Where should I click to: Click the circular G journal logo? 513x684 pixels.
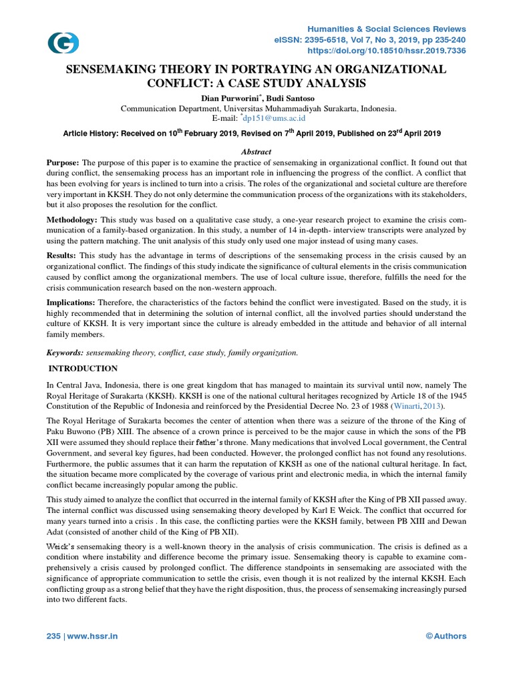(x=63, y=43)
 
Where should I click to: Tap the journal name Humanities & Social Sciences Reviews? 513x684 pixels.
(x=386, y=29)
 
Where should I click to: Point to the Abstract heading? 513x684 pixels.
(x=256, y=152)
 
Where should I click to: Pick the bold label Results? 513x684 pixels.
(x=61, y=256)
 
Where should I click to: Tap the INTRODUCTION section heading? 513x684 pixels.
(x=85, y=369)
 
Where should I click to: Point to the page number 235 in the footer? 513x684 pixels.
(x=53, y=636)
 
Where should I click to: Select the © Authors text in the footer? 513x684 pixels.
(x=446, y=636)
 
